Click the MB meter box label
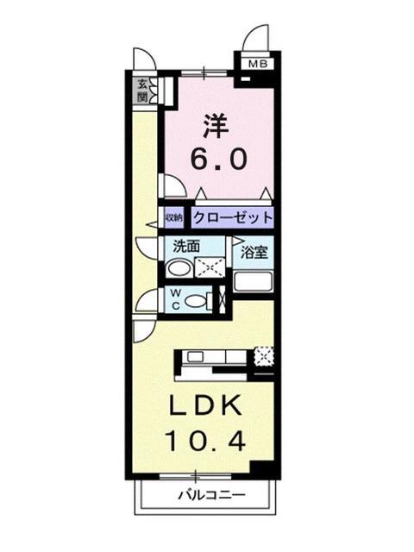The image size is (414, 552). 257,64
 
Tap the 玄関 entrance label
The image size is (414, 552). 141,90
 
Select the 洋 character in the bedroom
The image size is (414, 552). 216,126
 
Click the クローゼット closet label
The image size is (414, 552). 233,216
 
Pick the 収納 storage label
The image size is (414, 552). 173,216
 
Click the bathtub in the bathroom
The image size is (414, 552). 254,283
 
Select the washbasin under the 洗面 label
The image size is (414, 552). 175,268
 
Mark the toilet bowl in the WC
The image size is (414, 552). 198,301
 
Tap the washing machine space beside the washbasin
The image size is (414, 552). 209,267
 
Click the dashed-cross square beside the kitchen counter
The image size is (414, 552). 264,354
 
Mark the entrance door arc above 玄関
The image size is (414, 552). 143,60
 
